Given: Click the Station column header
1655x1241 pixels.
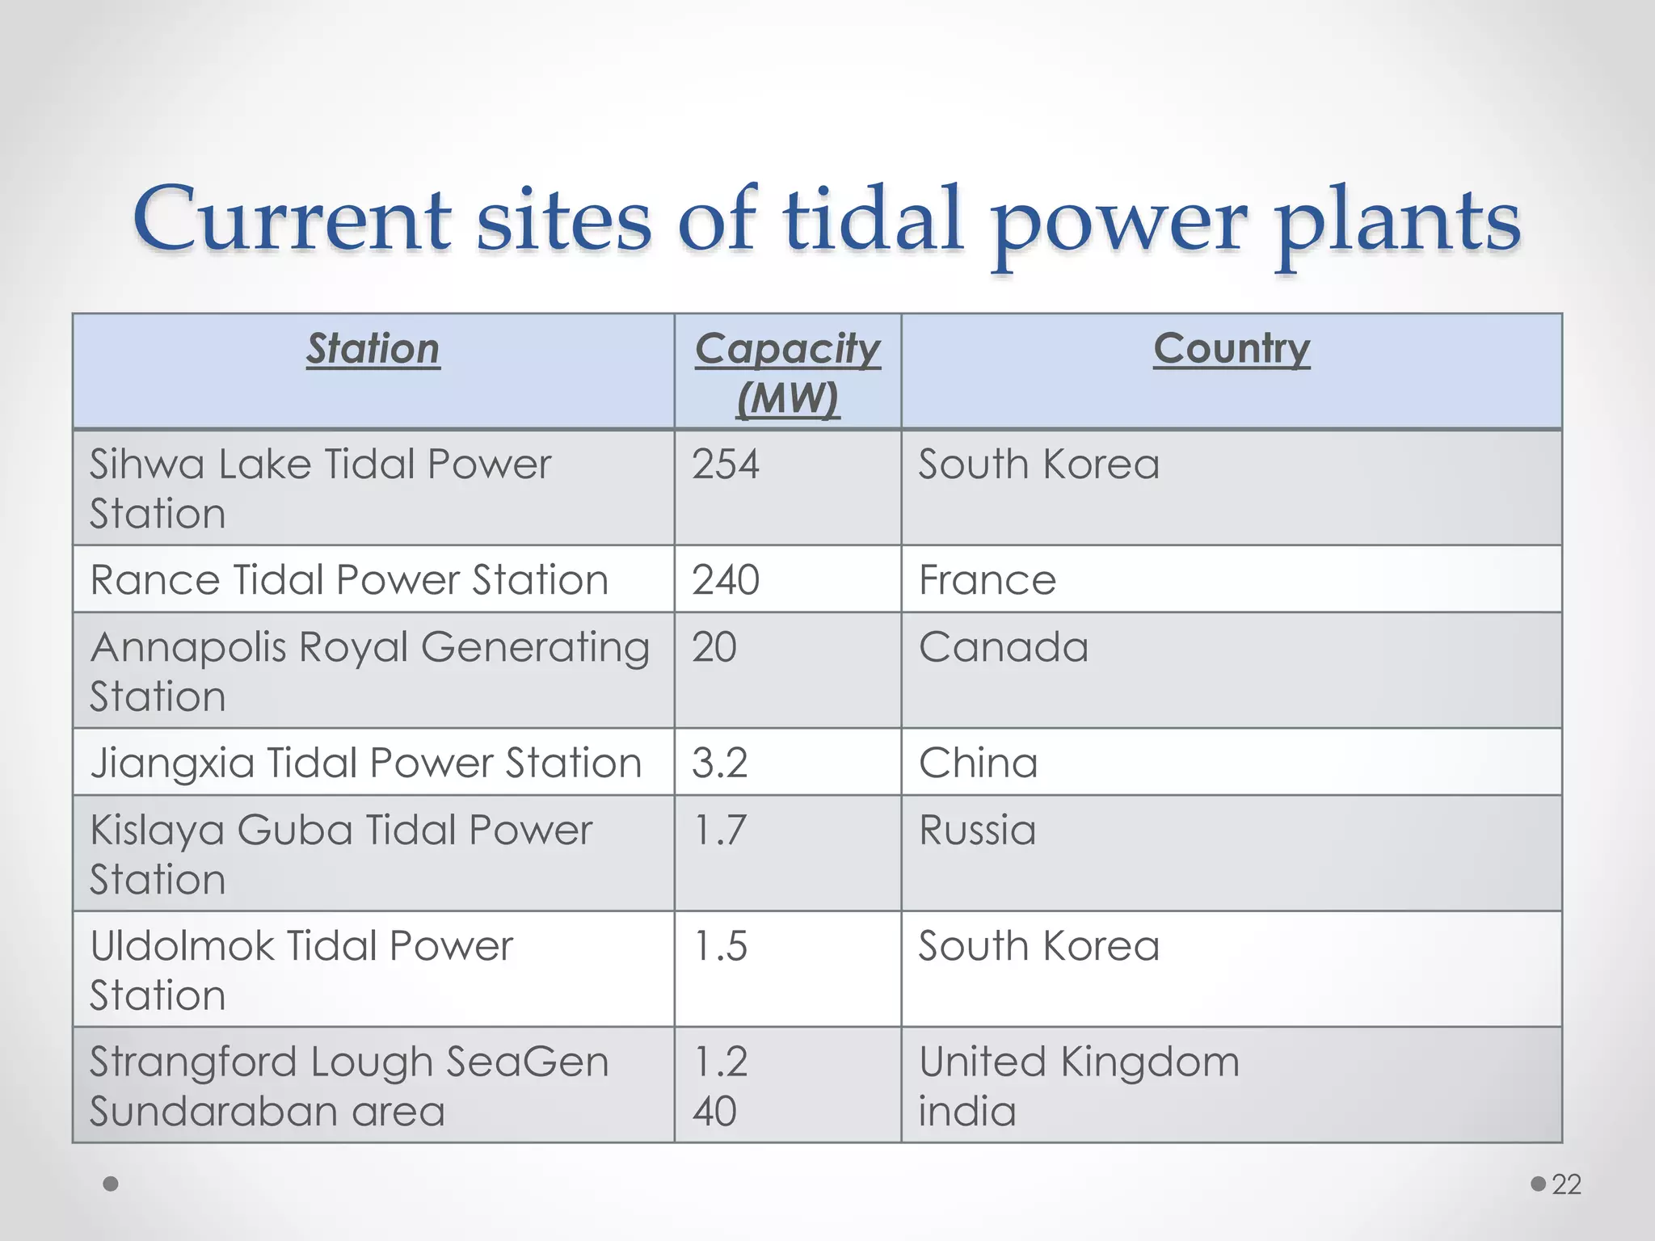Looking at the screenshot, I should (x=373, y=349).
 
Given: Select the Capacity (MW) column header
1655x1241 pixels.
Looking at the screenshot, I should (x=788, y=372).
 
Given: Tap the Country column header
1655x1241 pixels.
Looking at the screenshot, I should (x=1231, y=349).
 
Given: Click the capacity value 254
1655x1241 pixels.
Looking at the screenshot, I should (x=726, y=465).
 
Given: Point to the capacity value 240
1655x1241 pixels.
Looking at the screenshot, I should (x=726, y=580).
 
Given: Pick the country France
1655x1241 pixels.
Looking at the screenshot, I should (x=988, y=580).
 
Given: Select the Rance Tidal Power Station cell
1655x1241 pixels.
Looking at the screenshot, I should (x=349, y=580).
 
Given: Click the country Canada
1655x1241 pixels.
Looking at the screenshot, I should (x=1004, y=647).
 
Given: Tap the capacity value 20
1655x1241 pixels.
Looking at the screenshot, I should (x=714, y=647).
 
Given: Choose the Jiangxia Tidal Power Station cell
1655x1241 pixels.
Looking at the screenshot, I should (x=366, y=763).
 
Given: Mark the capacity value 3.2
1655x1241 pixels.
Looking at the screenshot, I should (x=720, y=763).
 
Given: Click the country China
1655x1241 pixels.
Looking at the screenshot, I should (x=979, y=763).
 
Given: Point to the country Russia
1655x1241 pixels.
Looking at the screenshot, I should (x=978, y=831).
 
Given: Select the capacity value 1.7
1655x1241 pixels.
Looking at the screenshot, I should (x=720, y=831).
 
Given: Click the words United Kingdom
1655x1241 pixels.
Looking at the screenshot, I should (x=1079, y=1062).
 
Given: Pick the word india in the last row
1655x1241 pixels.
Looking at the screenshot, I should (x=967, y=1112).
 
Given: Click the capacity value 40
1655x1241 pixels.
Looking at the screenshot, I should (x=714, y=1112).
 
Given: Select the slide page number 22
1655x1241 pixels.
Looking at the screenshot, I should (x=1566, y=1184).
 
